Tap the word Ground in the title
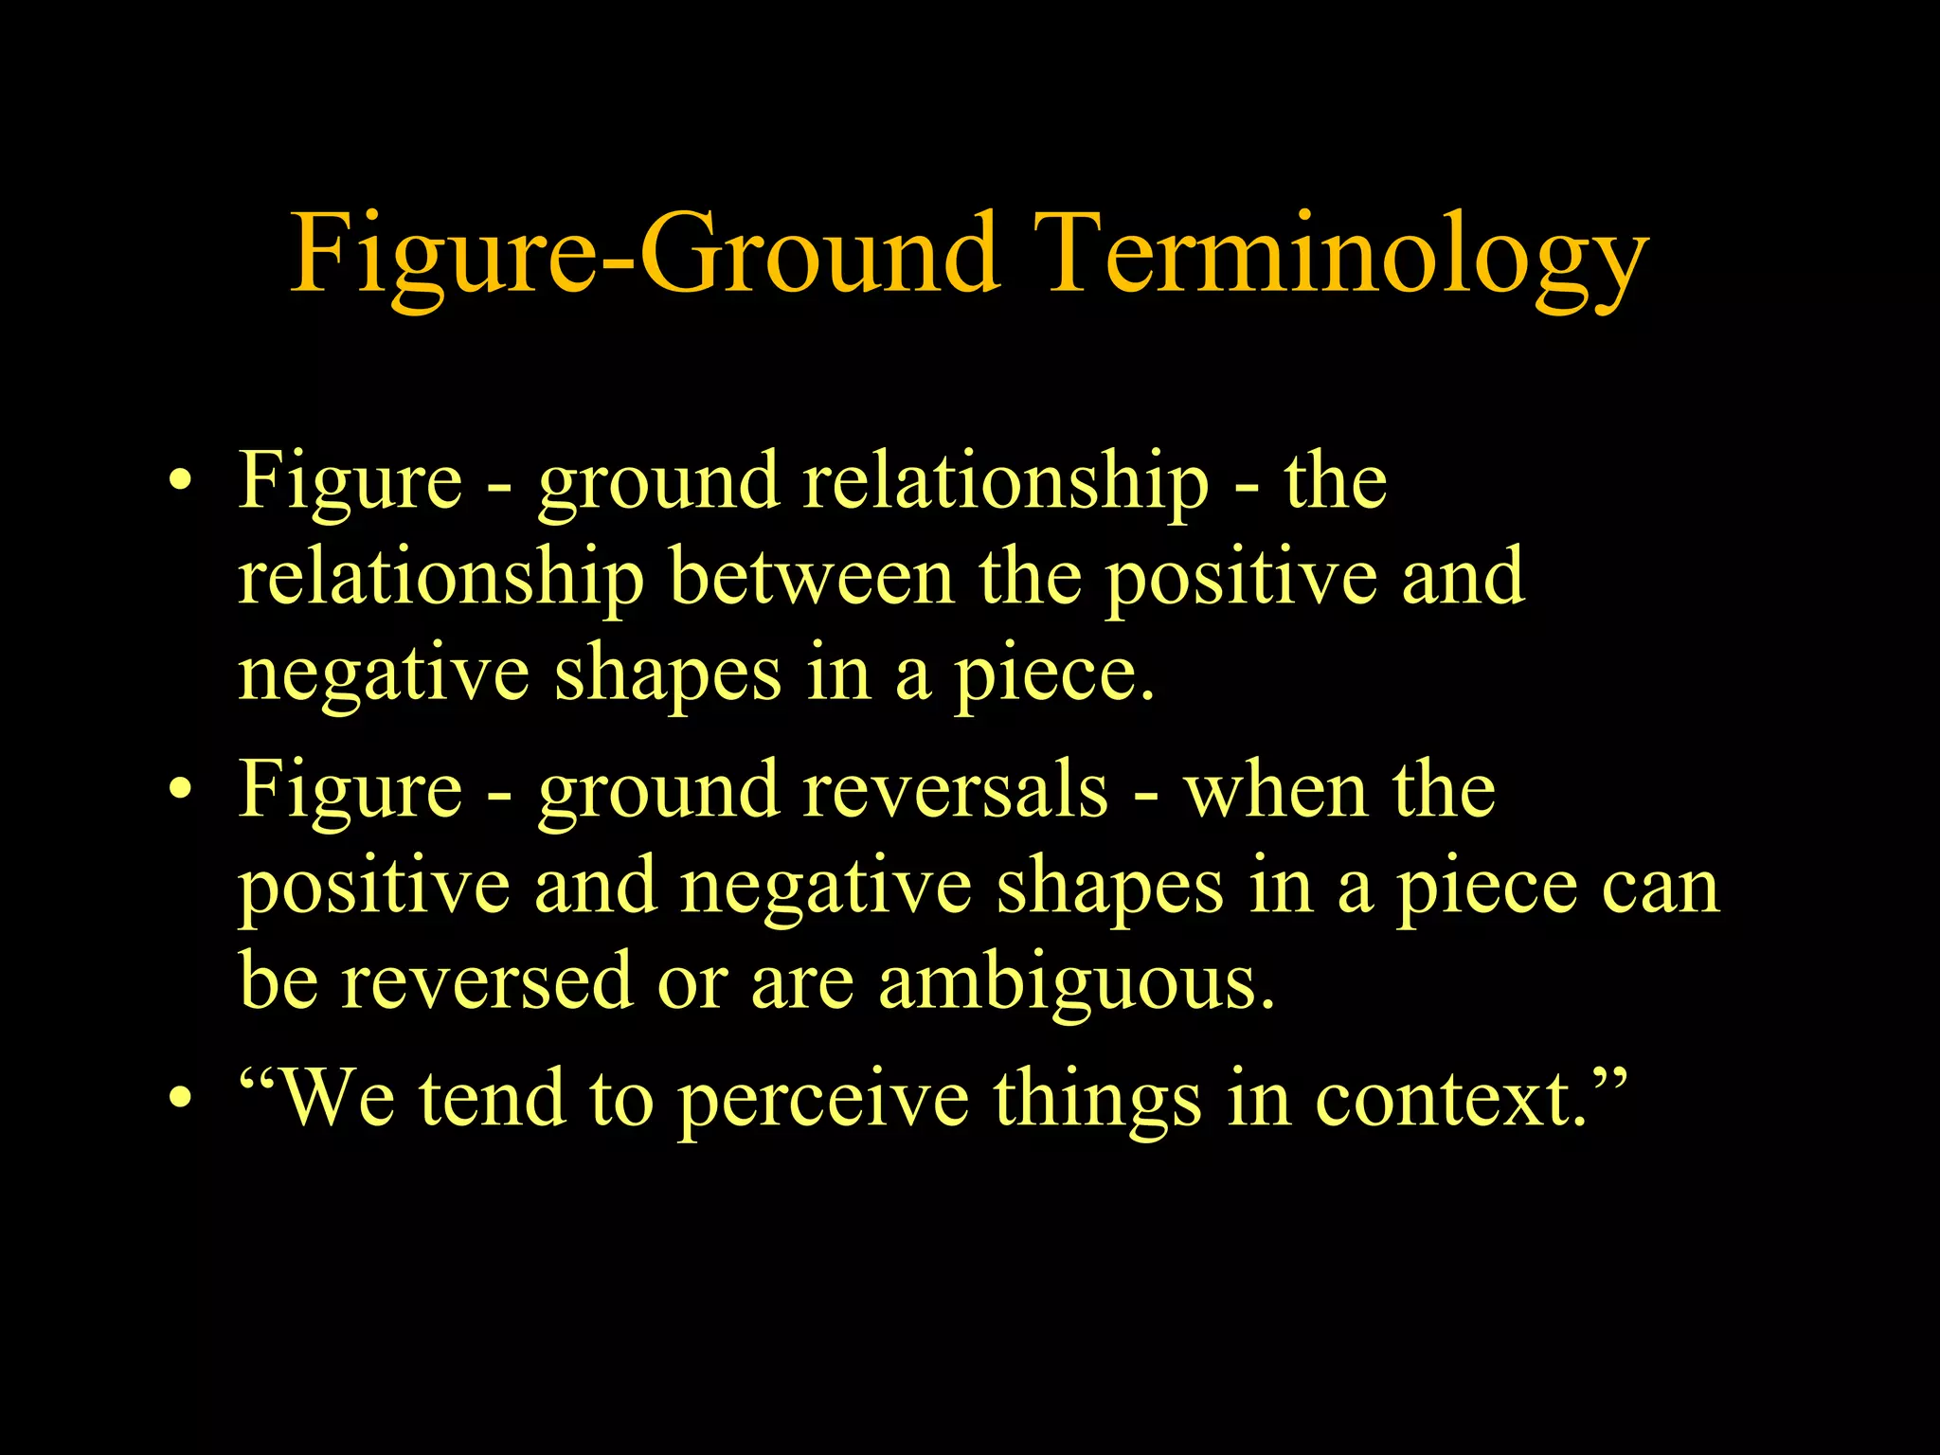[x=819, y=254]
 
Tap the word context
[x=1449, y=1099]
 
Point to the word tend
[x=492, y=1099]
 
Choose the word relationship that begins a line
[x=440, y=577]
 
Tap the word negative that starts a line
[x=384, y=674]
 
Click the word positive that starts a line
[x=373, y=889]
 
